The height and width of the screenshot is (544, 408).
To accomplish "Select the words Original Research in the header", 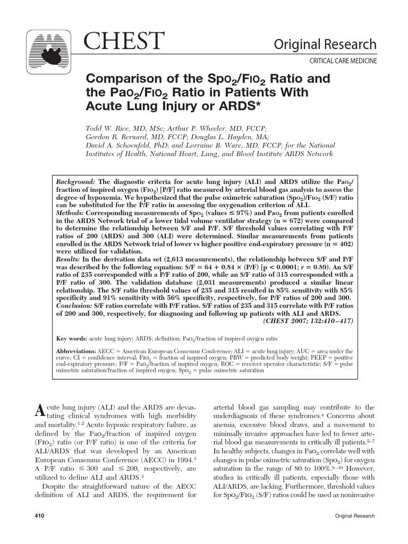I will coord(325,45).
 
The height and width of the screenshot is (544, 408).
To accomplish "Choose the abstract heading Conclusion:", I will coord(74,306).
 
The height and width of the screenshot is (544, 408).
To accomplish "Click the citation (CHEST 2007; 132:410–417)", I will coord(308,321).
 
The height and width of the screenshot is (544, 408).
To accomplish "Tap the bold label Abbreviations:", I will coord(76,352).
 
